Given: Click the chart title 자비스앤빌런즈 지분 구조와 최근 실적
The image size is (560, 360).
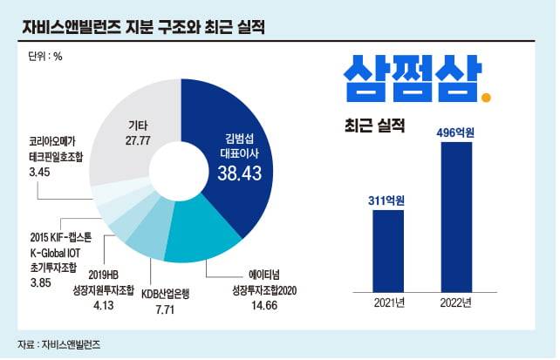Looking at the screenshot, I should pyautogui.click(x=144, y=27).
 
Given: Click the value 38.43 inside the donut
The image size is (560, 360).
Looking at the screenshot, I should pyautogui.click(x=239, y=174).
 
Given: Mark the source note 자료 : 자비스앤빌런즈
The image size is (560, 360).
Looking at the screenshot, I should pyautogui.click(x=58, y=344).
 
